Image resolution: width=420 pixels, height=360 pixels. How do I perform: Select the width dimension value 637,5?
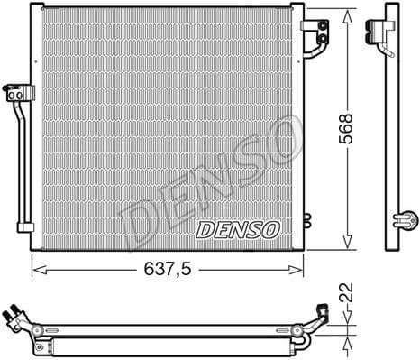point(169,269)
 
